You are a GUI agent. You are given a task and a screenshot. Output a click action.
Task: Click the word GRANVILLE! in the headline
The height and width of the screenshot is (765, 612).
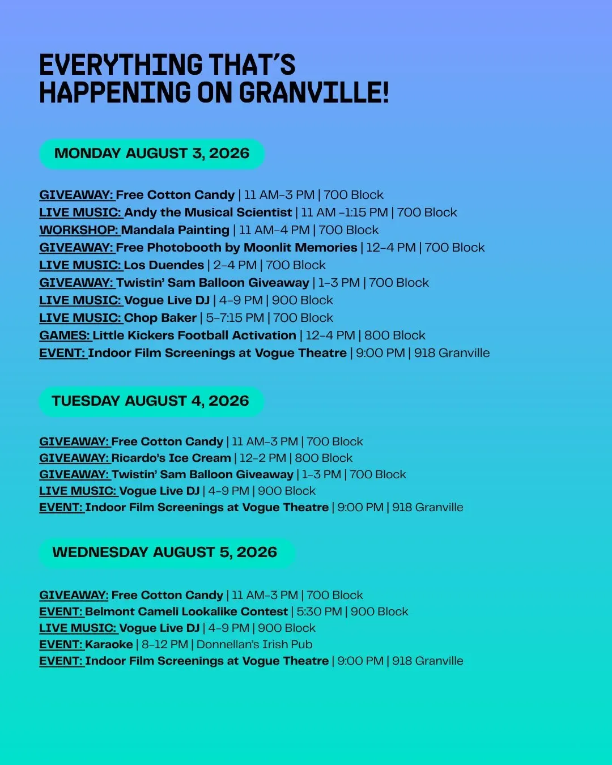click(314, 92)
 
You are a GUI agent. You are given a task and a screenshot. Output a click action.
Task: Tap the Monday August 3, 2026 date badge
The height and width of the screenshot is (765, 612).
click(152, 154)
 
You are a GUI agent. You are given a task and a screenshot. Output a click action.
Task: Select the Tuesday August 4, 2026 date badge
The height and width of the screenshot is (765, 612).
click(151, 401)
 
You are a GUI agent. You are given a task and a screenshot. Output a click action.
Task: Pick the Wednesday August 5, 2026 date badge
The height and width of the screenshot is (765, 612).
click(167, 552)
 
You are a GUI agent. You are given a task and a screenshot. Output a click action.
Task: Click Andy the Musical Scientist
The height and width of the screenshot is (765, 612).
click(208, 212)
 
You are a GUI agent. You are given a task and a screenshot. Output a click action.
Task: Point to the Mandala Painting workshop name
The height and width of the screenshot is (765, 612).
click(175, 230)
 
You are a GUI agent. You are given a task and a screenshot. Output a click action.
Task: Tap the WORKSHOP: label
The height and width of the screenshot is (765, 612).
click(79, 230)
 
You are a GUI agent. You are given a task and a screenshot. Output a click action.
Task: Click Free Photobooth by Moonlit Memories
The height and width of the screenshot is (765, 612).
click(236, 248)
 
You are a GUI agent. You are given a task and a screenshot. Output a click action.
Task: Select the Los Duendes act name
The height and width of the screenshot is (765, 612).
click(164, 265)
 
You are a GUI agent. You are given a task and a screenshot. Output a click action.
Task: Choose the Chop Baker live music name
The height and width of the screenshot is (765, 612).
click(160, 318)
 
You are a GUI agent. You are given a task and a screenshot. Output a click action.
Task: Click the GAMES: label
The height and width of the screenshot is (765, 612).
click(65, 335)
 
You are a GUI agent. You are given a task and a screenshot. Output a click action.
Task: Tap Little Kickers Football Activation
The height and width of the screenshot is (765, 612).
click(194, 335)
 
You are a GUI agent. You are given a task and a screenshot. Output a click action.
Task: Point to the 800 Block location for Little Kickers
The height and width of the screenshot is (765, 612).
click(395, 335)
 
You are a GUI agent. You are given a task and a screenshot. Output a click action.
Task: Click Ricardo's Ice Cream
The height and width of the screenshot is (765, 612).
click(171, 458)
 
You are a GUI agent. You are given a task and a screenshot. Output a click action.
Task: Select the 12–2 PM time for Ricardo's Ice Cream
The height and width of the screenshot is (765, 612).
click(263, 458)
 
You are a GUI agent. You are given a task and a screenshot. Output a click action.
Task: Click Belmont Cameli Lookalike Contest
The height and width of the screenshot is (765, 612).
click(186, 611)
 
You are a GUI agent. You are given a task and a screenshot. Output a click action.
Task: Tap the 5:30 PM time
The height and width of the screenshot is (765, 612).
click(319, 611)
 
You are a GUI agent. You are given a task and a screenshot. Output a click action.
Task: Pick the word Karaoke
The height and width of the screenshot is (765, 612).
click(109, 644)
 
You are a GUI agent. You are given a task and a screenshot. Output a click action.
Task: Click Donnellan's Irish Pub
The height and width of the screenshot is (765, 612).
click(254, 644)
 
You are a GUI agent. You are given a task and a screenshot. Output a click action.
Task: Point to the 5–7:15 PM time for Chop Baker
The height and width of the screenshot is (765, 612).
click(235, 318)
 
